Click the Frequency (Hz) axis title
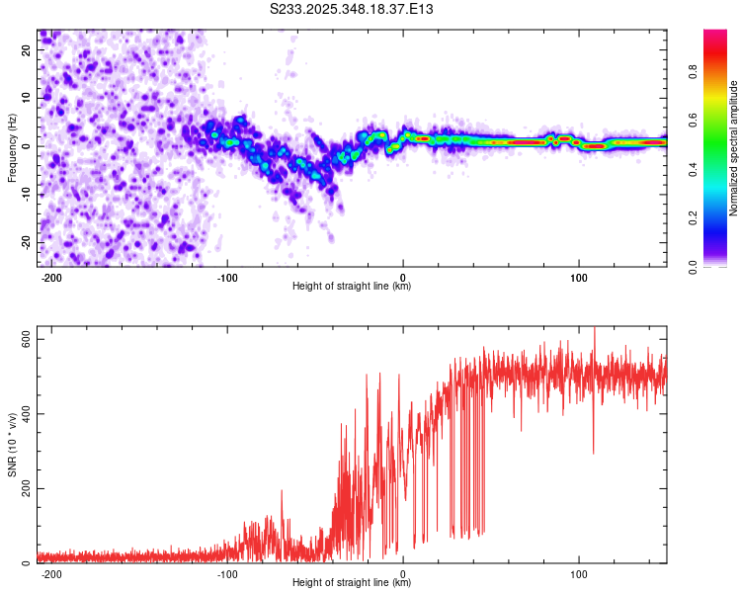[x=13, y=148]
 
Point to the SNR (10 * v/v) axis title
[x=13, y=445]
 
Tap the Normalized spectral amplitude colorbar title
[x=734, y=148]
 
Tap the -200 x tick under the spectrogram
[x=51, y=276]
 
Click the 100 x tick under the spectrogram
[x=578, y=276]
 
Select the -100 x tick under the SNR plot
[x=227, y=573]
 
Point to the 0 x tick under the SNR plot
[x=403, y=573]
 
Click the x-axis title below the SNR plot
[x=352, y=584]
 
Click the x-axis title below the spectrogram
[x=352, y=287]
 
